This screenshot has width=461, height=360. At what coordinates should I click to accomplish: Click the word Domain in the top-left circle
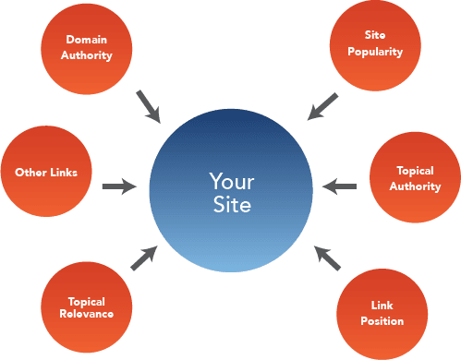point(89,40)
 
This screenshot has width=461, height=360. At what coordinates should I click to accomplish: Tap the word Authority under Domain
point(89,55)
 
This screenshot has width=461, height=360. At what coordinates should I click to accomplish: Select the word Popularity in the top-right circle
point(374,52)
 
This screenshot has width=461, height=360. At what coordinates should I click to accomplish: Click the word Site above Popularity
point(374,35)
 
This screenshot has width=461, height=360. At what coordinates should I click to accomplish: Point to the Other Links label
point(46,172)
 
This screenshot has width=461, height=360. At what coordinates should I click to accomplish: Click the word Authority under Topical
point(415,186)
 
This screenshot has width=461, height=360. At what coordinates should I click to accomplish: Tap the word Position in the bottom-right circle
point(382,321)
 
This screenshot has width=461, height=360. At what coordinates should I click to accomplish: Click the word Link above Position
point(382,305)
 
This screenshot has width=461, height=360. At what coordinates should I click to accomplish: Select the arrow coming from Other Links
point(119,187)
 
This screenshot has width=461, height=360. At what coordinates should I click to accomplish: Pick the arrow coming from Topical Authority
point(340,187)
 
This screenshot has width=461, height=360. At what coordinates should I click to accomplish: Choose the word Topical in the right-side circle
point(415,171)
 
